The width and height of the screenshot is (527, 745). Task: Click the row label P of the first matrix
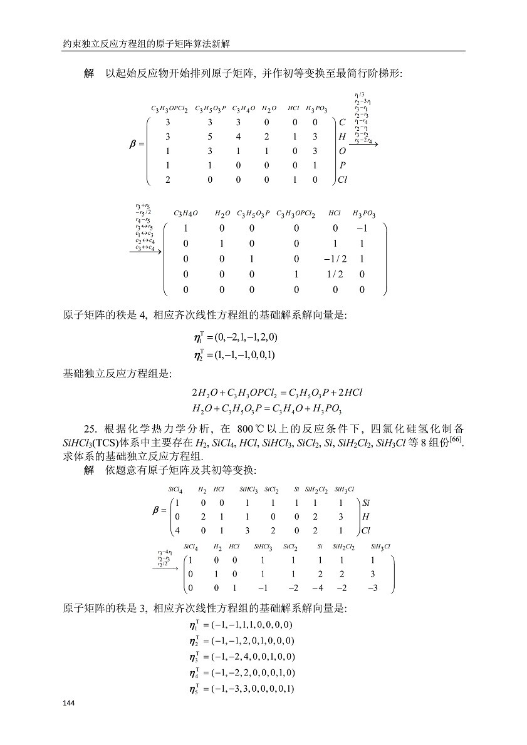pos(342,165)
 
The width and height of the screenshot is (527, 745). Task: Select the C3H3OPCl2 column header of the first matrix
pos(169,109)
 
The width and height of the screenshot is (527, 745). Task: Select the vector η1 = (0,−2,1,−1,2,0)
pos(236,337)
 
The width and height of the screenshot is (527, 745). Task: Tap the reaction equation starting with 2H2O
pos(277,393)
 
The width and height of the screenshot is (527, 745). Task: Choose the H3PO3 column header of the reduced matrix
pos(364,214)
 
